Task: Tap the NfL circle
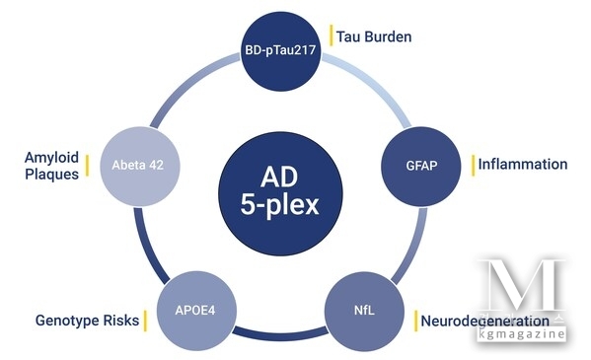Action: point(366,311)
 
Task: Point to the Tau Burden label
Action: point(374,37)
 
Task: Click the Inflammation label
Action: point(523,164)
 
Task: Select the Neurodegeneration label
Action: point(483,321)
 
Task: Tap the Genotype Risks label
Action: point(85,321)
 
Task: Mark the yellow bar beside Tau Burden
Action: point(332,37)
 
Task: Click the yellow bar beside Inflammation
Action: point(472,164)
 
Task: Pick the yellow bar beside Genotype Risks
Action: point(144,321)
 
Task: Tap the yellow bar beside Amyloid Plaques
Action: point(87,166)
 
